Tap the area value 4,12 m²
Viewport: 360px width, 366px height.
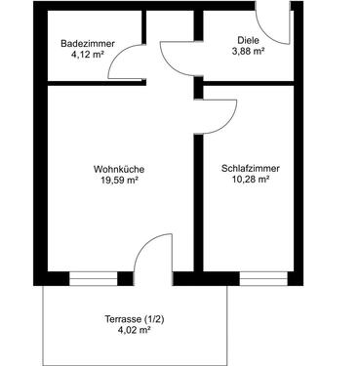82,56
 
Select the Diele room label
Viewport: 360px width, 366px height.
248,40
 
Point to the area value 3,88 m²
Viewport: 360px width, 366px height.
248,52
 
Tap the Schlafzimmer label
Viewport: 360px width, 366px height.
250,168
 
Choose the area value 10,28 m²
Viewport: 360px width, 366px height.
250,180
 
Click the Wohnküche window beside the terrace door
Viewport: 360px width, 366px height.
93,278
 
